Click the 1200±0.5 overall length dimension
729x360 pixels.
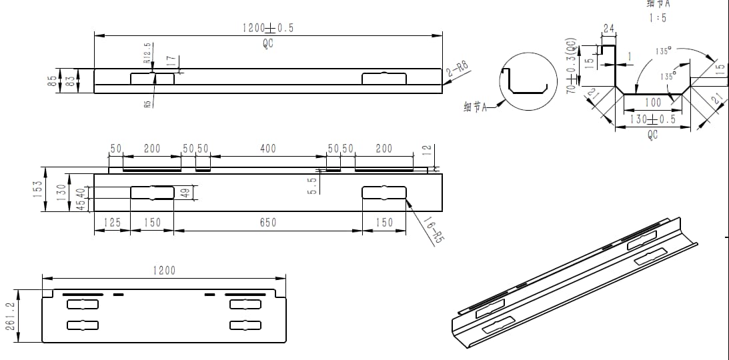pos(267,28)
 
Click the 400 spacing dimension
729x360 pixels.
pos(267,149)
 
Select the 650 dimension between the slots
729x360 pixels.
pos(267,223)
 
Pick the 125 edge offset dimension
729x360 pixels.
pos(111,223)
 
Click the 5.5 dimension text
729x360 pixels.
pos(312,186)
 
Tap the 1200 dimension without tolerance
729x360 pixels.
pos(164,270)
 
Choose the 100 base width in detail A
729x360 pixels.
pos(652,103)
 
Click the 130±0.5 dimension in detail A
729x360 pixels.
pos(652,119)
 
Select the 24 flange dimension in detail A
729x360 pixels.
pos(608,29)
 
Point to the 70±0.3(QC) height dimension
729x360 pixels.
pos(571,65)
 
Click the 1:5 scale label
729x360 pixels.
pos(657,18)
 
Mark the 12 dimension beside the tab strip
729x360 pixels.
pos(428,152)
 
